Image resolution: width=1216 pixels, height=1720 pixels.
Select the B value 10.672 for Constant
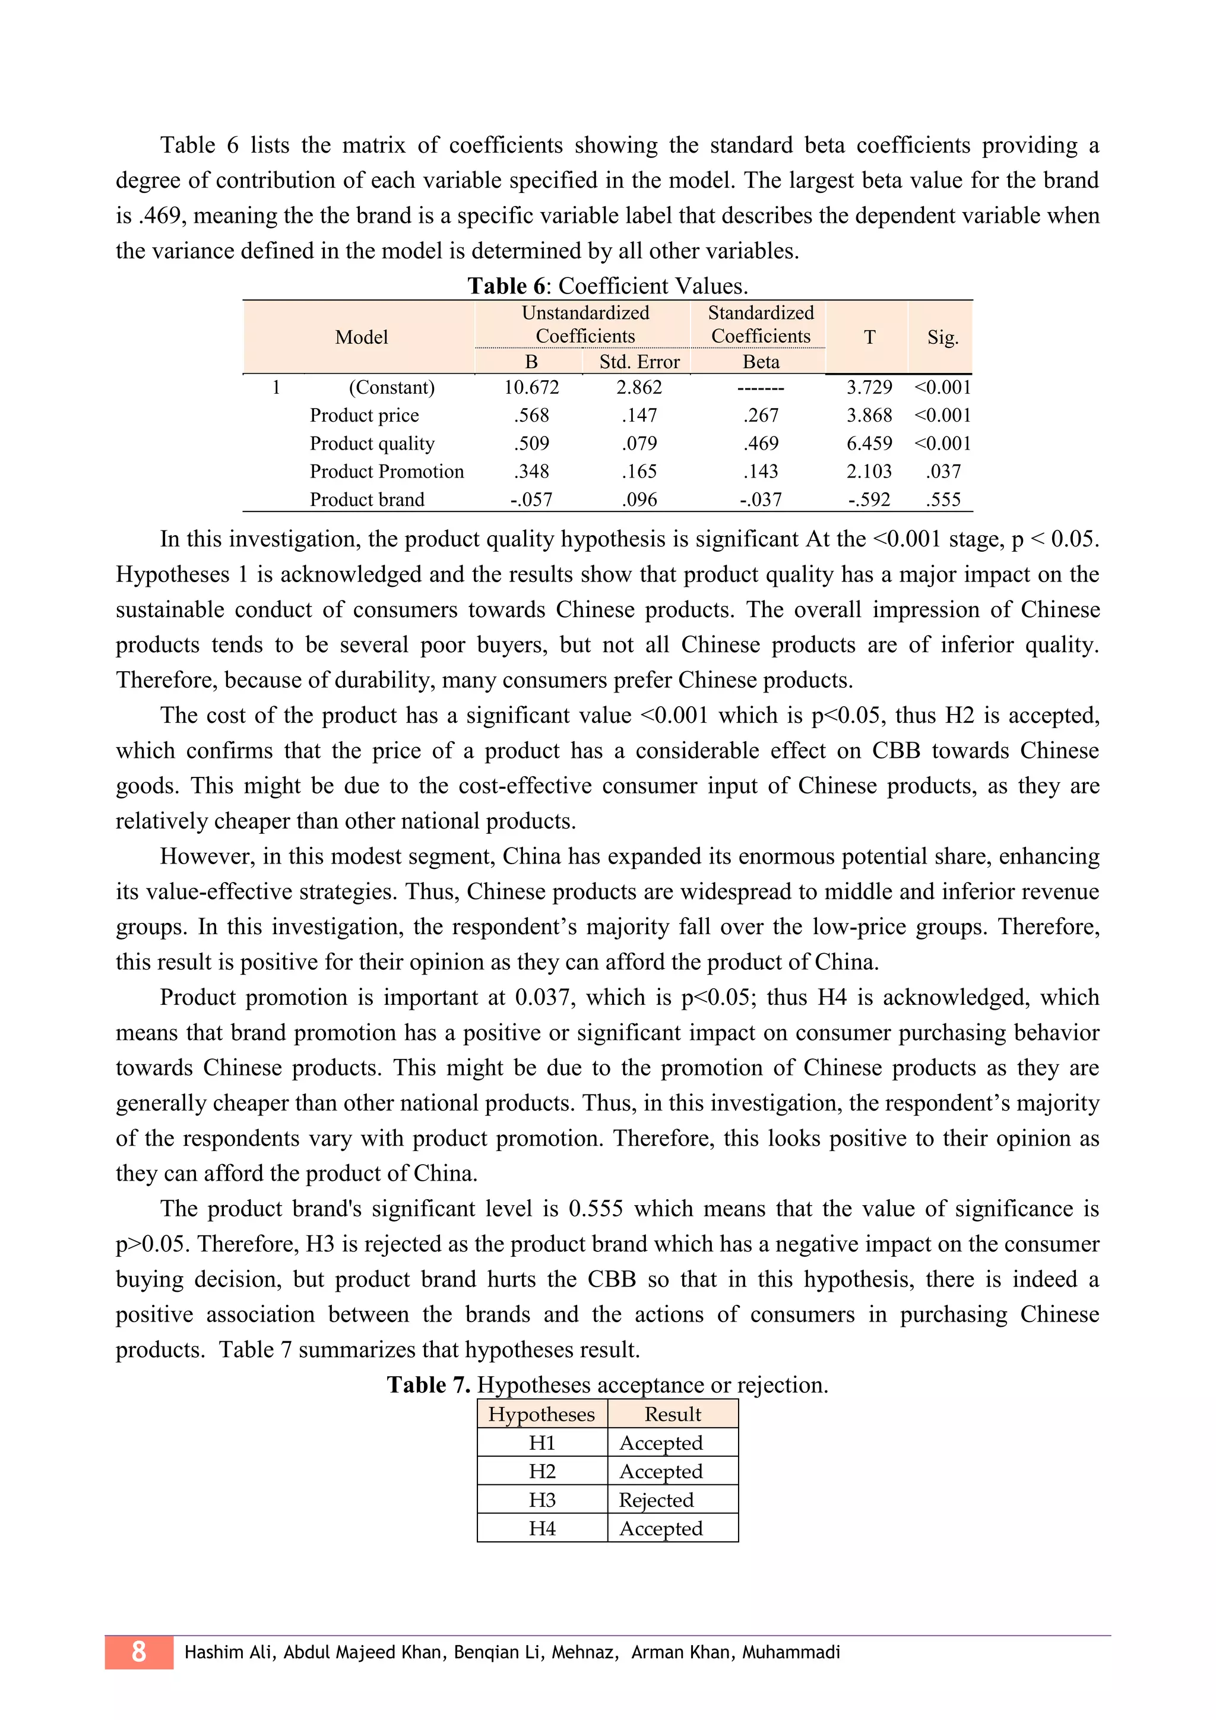click(531, 387)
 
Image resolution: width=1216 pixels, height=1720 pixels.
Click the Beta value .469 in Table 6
click(761, 444)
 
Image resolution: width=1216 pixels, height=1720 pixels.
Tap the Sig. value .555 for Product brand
click(943, 499)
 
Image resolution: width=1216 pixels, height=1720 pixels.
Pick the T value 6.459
click(869, 444)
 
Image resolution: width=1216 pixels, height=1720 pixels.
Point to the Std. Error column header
click(639, 362)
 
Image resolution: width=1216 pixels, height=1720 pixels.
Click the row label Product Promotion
click(387, 471)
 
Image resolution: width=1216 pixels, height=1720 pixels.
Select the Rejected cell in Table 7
click(656, 1500)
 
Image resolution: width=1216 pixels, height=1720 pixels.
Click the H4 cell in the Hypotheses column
click(542, 1528)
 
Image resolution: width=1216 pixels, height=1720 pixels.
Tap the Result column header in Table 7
click(672, 1414)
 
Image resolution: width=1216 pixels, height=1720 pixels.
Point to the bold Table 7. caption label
click(428, 1384)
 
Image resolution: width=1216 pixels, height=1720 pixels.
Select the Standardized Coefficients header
click(761, 324)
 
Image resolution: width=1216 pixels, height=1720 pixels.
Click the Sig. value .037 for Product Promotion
click(943, 471)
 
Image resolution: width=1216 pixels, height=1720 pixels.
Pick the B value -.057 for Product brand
click(531, 499)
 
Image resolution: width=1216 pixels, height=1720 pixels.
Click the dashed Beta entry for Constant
click(761, 388)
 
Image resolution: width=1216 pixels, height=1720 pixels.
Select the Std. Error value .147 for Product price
click(639, 415)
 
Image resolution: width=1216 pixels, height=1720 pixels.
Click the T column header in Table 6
click(869, 337)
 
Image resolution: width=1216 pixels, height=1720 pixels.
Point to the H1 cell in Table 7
click(542, 1443)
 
